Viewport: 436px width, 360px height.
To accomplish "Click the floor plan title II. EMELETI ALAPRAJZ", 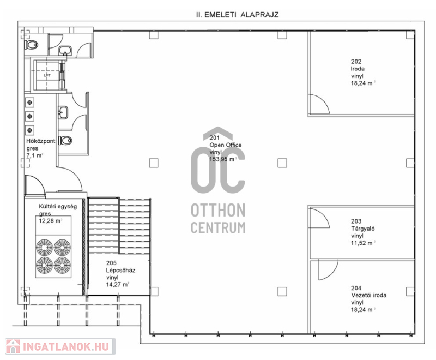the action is coord(237,15).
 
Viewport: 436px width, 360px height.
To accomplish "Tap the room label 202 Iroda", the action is coord(358,65).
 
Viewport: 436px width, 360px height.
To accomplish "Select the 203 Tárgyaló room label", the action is coord(362,225).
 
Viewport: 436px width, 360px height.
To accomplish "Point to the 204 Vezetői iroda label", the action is coord(369,292).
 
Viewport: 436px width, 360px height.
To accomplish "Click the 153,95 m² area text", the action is coord(223,159).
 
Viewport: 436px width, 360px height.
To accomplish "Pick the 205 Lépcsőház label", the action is coord(120,267).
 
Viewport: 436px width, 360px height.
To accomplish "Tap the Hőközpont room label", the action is coord(40,141).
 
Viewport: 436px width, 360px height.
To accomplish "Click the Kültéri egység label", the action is coord(58,206).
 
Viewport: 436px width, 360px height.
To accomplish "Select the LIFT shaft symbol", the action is coord(47,75).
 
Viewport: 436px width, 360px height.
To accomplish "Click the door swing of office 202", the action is coord(319,104).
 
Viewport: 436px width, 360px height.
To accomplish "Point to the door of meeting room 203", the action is coord(319,218).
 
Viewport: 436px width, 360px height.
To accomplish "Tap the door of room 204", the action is coord(328,269).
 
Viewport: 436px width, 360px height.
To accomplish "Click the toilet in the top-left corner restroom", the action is coord(32,45).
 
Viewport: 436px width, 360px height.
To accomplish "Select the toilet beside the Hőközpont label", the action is coord(65,141).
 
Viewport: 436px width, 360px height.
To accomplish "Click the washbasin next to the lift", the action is coord(64,51).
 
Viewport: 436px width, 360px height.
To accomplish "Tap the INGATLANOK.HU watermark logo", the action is coord(60,346).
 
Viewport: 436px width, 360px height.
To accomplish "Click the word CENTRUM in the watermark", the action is coord(218,227).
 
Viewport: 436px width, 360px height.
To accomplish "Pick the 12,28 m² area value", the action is coord(50,221).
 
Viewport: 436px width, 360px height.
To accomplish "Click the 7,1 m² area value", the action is coord(35,155).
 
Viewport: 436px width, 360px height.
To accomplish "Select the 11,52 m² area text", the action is coord(363,243).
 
